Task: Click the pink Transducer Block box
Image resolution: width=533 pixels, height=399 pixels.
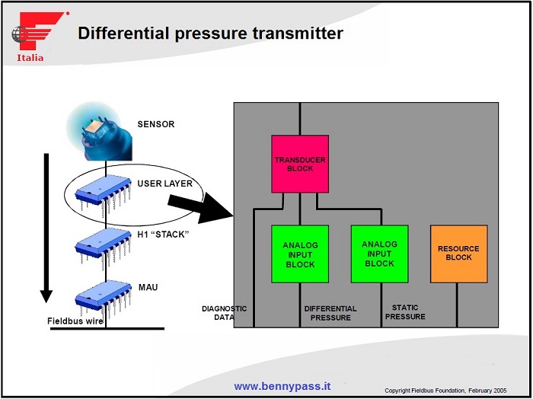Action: (x=300, y=163)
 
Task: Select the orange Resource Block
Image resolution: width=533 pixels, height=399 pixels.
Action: (x=458, y=253)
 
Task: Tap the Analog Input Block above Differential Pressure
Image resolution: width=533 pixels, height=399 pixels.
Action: (x=300, y=254)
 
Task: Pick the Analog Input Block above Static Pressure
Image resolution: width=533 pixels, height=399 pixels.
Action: (x=379, y=253)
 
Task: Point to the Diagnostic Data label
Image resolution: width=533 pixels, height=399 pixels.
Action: (x=224, y=313)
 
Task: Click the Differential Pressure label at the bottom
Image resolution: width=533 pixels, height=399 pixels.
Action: (x=330, y=313)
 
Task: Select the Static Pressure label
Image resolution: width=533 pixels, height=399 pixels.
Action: (x=404, y=312)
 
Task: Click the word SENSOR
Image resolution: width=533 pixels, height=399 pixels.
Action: (x=155, y=123)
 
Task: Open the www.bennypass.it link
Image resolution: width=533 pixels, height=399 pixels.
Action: (x=282, y=386)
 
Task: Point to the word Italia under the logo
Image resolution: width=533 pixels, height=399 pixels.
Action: (x=30, y=58)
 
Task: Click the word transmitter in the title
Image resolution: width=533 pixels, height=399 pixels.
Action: (x=295, y=34)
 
